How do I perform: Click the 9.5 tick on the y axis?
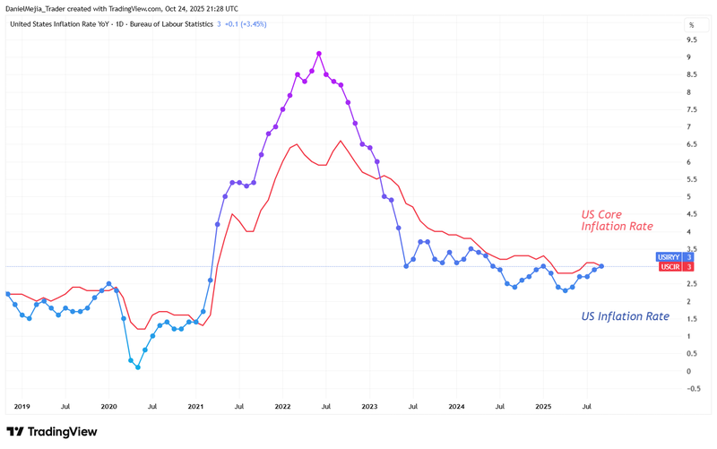pos(692,40)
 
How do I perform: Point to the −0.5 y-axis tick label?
pos(693,389)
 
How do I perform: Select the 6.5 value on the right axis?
pos(692,144)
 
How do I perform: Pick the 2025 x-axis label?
pos(543,406)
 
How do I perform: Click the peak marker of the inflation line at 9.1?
pos(319,54)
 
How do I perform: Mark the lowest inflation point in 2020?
pos(137,367)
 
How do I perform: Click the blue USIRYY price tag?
pos(675,257)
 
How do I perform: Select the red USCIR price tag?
pos(675,267)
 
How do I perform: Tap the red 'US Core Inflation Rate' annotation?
pos(617,220)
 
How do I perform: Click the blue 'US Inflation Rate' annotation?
pos(625,316)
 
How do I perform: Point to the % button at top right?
pos(692,25)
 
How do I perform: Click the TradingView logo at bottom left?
pos(52,432)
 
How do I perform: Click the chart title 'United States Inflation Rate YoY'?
pos(67,24)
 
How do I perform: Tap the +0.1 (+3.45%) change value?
pos(246,24)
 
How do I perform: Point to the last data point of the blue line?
pos(601,266)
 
